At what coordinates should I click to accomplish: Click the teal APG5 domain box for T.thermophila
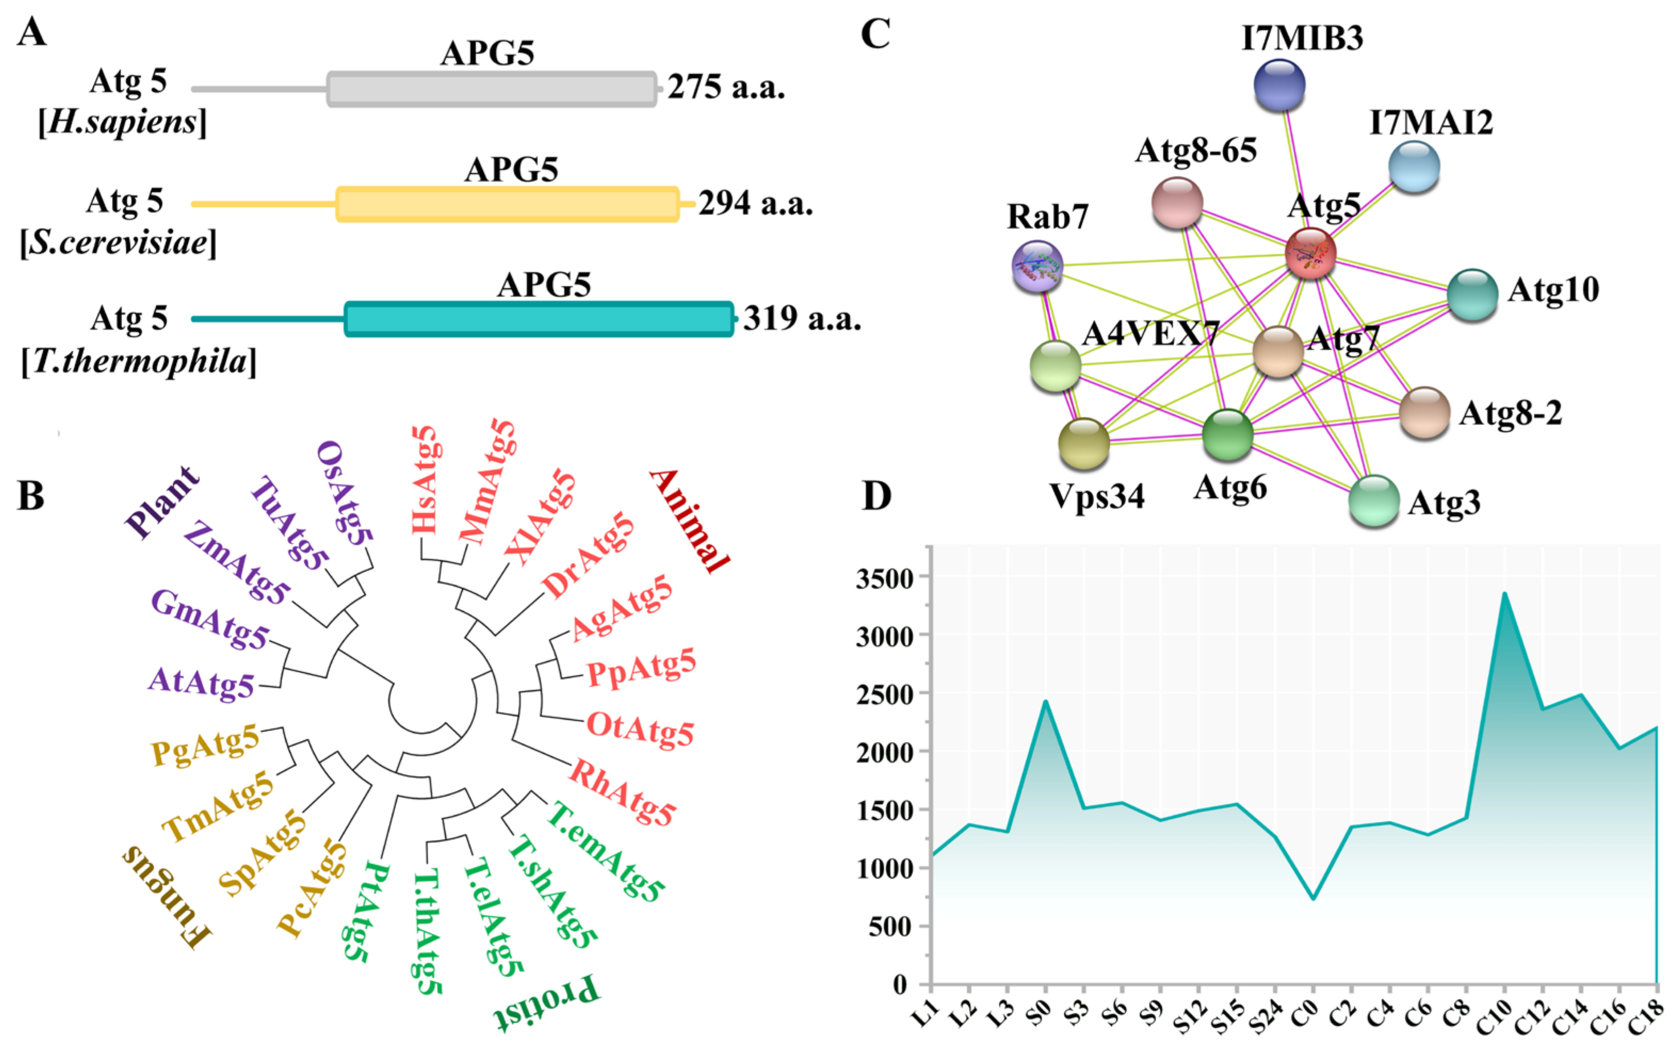(x=539, y=319)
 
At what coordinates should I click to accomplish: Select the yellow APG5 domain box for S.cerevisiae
(x=507, y=204)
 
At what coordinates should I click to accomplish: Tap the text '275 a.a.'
(x=726, y=88)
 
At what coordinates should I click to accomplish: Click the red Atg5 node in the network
(x=1310, y=253)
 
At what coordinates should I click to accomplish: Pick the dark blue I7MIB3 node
(x=1279, y=85)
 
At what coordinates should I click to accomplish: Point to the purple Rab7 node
(x=1037, y=266)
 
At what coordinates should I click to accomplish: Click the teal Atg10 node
(x=1472, y=295)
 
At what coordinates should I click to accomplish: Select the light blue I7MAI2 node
(x=1414, y=166)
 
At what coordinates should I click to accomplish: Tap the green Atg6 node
(x=1227, y=434)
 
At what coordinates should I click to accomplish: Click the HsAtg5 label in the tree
(x=424, y=480)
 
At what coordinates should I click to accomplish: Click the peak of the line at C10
(x=1504, y=594)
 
